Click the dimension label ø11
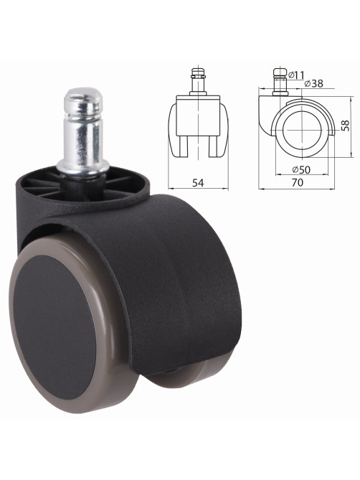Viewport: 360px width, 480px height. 296,75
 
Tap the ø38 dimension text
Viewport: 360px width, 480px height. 314,83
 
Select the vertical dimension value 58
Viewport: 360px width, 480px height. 346,126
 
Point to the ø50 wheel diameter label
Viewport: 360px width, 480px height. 301,169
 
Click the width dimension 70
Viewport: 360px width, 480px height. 298,182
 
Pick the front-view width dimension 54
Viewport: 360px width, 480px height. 198,183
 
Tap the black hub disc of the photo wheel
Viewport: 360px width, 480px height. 55,327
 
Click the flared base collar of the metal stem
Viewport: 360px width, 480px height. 83,168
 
